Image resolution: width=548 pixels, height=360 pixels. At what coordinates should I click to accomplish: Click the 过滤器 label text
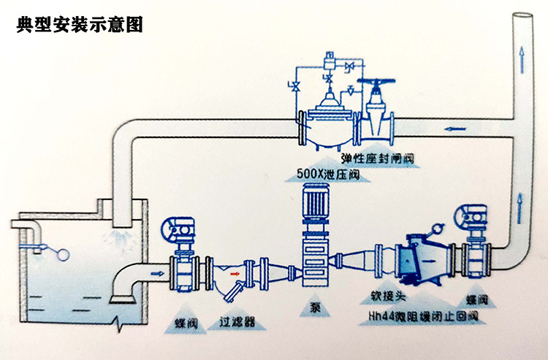point(237,321)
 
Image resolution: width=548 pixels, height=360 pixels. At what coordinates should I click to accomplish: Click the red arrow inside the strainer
point(234,276)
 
